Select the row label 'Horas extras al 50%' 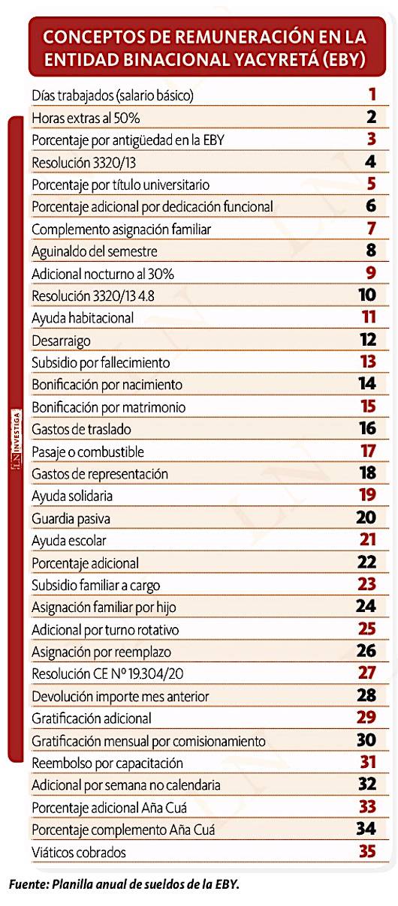point(86,118)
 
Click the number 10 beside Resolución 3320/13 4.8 point(367,295)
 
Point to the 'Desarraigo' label point(61,341)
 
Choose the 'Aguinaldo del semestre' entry point(95,251)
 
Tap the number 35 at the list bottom point(367,851)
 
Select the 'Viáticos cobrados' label point(79,852)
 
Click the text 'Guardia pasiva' point(71,519)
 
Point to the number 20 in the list point(366,517)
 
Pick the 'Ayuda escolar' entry point(69,541)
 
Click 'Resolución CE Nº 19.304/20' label point(107,673)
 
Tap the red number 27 point(367,673)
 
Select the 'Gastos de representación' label point(100,474)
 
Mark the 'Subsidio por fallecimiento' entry point(101,363)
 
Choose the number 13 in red point(368,361)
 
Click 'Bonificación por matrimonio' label point(109,407)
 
